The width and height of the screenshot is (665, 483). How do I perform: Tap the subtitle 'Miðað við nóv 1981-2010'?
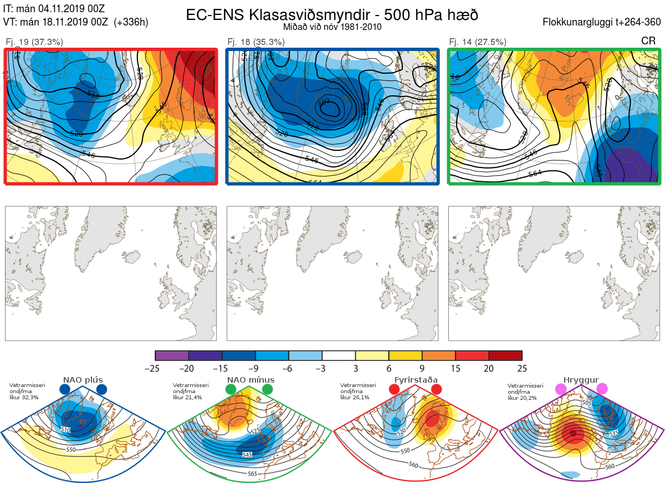tap(332, 27)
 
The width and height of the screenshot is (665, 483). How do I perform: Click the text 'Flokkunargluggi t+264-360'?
tap(603, 23)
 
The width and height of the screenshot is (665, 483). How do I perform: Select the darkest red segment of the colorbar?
tap(505, 355)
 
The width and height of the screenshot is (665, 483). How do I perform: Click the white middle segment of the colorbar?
tap(339, 355)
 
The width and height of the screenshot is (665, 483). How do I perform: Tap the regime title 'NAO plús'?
tap(83, 380)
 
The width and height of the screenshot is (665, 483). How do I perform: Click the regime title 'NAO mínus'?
tap(250, 380)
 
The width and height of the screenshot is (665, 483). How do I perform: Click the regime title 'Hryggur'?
tap(581, 380)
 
